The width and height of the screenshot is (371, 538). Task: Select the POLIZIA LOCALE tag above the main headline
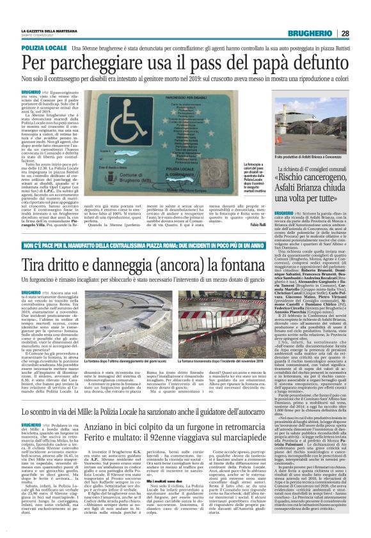pos(43,49)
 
